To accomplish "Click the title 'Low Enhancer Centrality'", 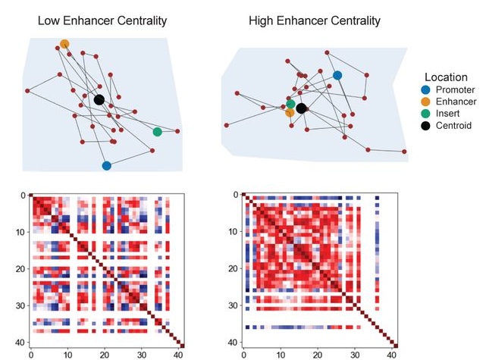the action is click(102, 20).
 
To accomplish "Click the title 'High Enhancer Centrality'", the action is click(315, 20).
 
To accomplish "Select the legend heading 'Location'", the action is click(446, 77).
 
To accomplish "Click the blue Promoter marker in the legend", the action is click(426, 90).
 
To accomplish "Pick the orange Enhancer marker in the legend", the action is click(426, 102).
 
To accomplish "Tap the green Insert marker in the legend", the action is click(426, 114).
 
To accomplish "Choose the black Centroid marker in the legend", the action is click(426, 126).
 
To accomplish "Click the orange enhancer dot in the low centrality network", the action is click(64, 44).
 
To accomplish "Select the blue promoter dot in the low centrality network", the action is click(107, 166).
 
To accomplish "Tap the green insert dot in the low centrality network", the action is click(158, 132).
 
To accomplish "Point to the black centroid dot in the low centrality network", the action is click(99, 100).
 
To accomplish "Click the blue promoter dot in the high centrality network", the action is click(337, 75).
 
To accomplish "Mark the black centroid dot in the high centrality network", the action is click(301, 108).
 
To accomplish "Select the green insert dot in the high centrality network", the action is click(290, 104).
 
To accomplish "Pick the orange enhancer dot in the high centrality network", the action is click(290, 112).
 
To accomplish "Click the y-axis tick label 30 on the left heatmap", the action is click(20, 305).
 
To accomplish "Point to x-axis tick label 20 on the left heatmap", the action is click(105, 355).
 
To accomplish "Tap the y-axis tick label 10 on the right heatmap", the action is click(234, 231).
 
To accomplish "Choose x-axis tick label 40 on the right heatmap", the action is click(391, 355).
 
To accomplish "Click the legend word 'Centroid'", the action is click(453, 126).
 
